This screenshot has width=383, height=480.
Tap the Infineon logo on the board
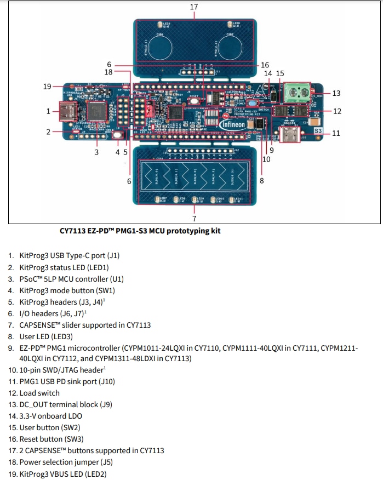[233, 124]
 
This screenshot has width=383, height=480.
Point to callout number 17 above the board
[193, 7]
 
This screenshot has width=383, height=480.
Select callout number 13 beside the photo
[336, 93]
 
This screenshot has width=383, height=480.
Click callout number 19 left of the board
[47, 87]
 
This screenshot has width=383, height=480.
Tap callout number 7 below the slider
[194, 218]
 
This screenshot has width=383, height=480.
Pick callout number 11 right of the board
[336, 133]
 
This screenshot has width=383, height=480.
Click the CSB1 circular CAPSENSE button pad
[161, 45]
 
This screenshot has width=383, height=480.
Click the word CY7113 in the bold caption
[73, 231]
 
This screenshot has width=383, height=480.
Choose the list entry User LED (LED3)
[46, 336]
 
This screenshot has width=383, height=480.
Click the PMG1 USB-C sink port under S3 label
[289, 135]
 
